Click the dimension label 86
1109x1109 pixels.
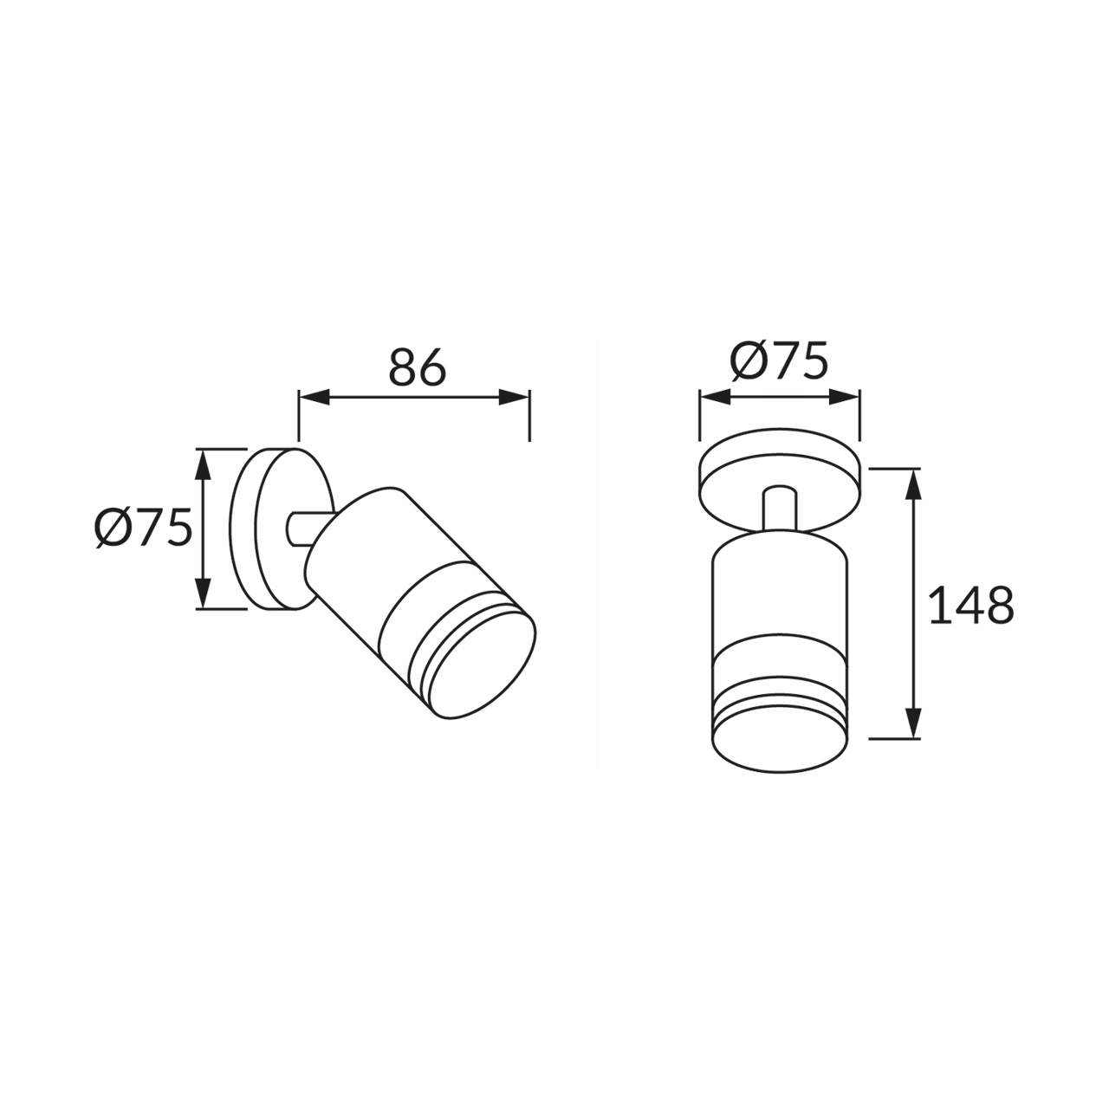pos(418,366)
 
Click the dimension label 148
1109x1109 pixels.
pos(971,605)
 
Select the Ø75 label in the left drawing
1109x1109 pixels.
pos(143,528)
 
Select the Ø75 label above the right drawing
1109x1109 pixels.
pos(779,361)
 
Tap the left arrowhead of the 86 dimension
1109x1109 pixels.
pos(314,397)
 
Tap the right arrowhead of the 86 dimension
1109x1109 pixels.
pos(514,397)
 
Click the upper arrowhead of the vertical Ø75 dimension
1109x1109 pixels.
pos(201,464)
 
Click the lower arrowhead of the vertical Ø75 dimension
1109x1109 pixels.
pos(201,593)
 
